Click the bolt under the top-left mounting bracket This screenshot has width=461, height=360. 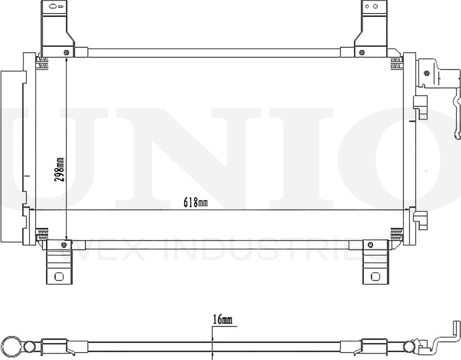pos(66,52)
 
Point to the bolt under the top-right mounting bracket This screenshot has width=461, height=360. pos(362,52)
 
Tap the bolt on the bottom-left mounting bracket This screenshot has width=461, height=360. pos(64,245)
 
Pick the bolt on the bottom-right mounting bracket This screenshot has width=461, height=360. pos(370,245)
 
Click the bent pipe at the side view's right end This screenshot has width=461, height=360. pos(446,337)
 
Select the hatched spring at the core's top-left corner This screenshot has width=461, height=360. pos(42,63)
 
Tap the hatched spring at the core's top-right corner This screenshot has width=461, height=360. pos(396,63)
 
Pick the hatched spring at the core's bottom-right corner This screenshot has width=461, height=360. pos(396,233)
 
